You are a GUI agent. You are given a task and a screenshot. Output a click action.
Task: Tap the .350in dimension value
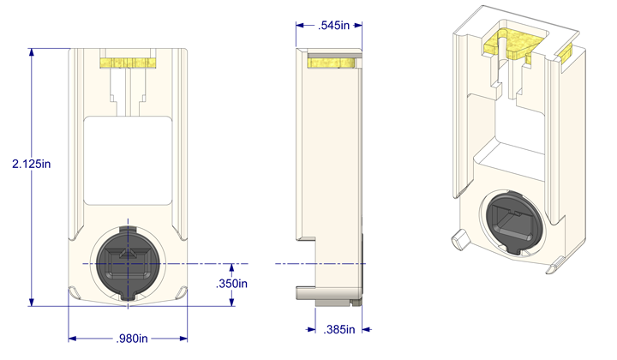[x=231, y=283]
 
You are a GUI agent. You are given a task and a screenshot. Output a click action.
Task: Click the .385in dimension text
[x=341, y=328]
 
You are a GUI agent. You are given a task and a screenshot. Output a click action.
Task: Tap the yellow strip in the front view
[x=129, y=63]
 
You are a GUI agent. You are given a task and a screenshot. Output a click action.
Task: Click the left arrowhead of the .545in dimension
[x=300, y=26]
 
